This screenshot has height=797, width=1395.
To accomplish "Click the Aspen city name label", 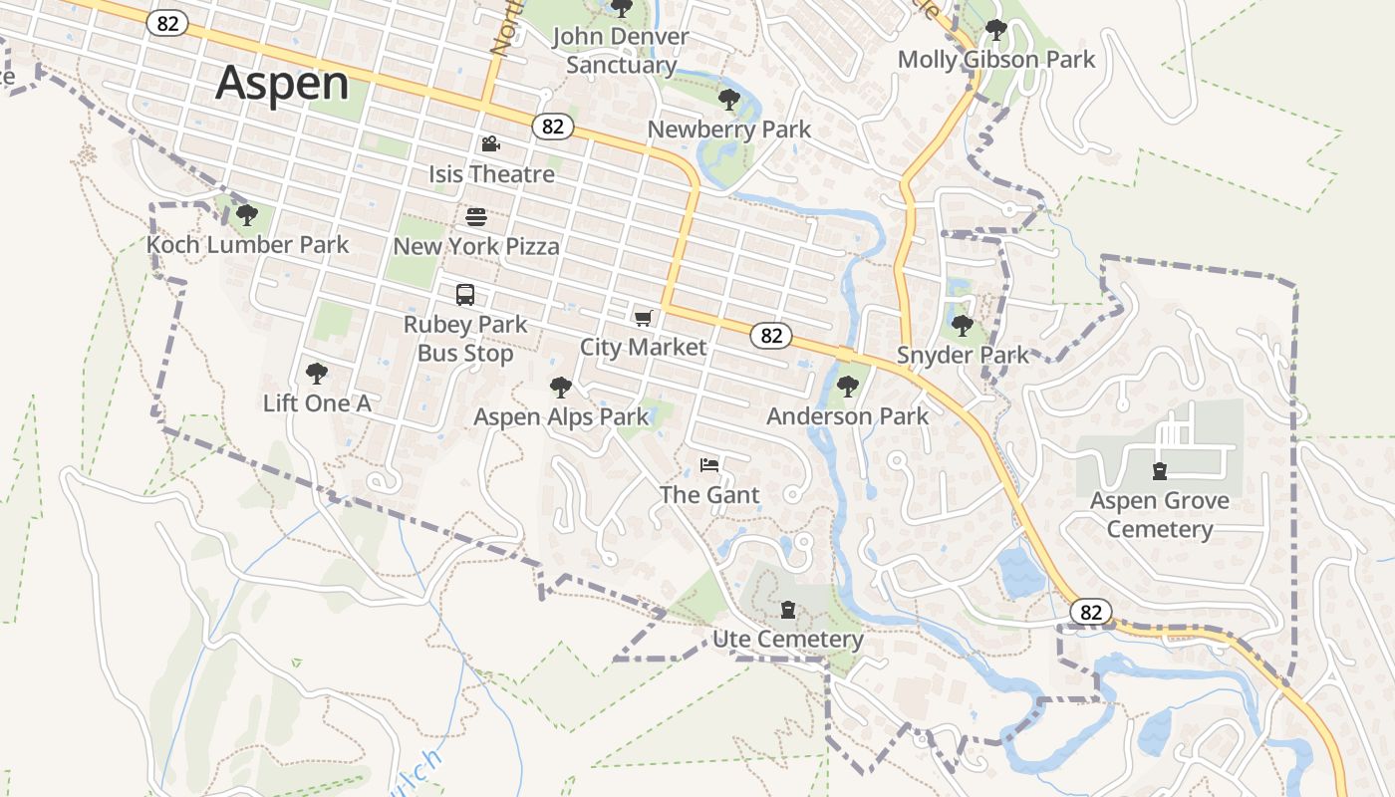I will (x=282, y=83).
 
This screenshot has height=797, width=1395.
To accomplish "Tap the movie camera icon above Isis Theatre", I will (x=490, y=144).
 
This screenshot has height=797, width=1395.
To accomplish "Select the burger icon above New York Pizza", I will (x=476, y=216).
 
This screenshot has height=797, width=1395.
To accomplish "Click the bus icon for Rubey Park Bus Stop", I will (x=465, y=295).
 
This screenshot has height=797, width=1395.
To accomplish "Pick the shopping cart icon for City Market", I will (x=643, y=318).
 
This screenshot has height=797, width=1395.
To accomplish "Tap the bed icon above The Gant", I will (x=709, y=465).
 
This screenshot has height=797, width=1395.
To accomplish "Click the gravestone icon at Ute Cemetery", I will (x=788, y=609).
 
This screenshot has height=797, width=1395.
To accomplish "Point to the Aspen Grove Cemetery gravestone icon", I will (x=1159, y=470).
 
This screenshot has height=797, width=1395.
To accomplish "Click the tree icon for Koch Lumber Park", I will (x=247, y=214).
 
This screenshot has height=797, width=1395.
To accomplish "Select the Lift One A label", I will (x=317, y=403).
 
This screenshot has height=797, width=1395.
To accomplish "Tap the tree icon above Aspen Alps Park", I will (x=561, y=387).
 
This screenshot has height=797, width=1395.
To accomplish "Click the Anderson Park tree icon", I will (x=847, y=386).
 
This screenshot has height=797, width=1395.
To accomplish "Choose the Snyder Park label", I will (x=963, y=356).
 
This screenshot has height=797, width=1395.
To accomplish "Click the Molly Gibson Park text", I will (x=995, y=60).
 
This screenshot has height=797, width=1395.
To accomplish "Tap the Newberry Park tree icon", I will (x=728, y=99).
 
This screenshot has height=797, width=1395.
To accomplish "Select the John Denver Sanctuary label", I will (x=620, y=51).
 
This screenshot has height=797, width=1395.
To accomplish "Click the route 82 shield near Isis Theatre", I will (x=553, y=127).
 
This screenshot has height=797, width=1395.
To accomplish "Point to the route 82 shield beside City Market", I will (x=771, y=336).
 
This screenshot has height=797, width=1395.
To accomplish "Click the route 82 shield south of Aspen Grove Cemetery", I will (x=1091, y=612).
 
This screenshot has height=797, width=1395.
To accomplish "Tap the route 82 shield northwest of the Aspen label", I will (x=167, y=24).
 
